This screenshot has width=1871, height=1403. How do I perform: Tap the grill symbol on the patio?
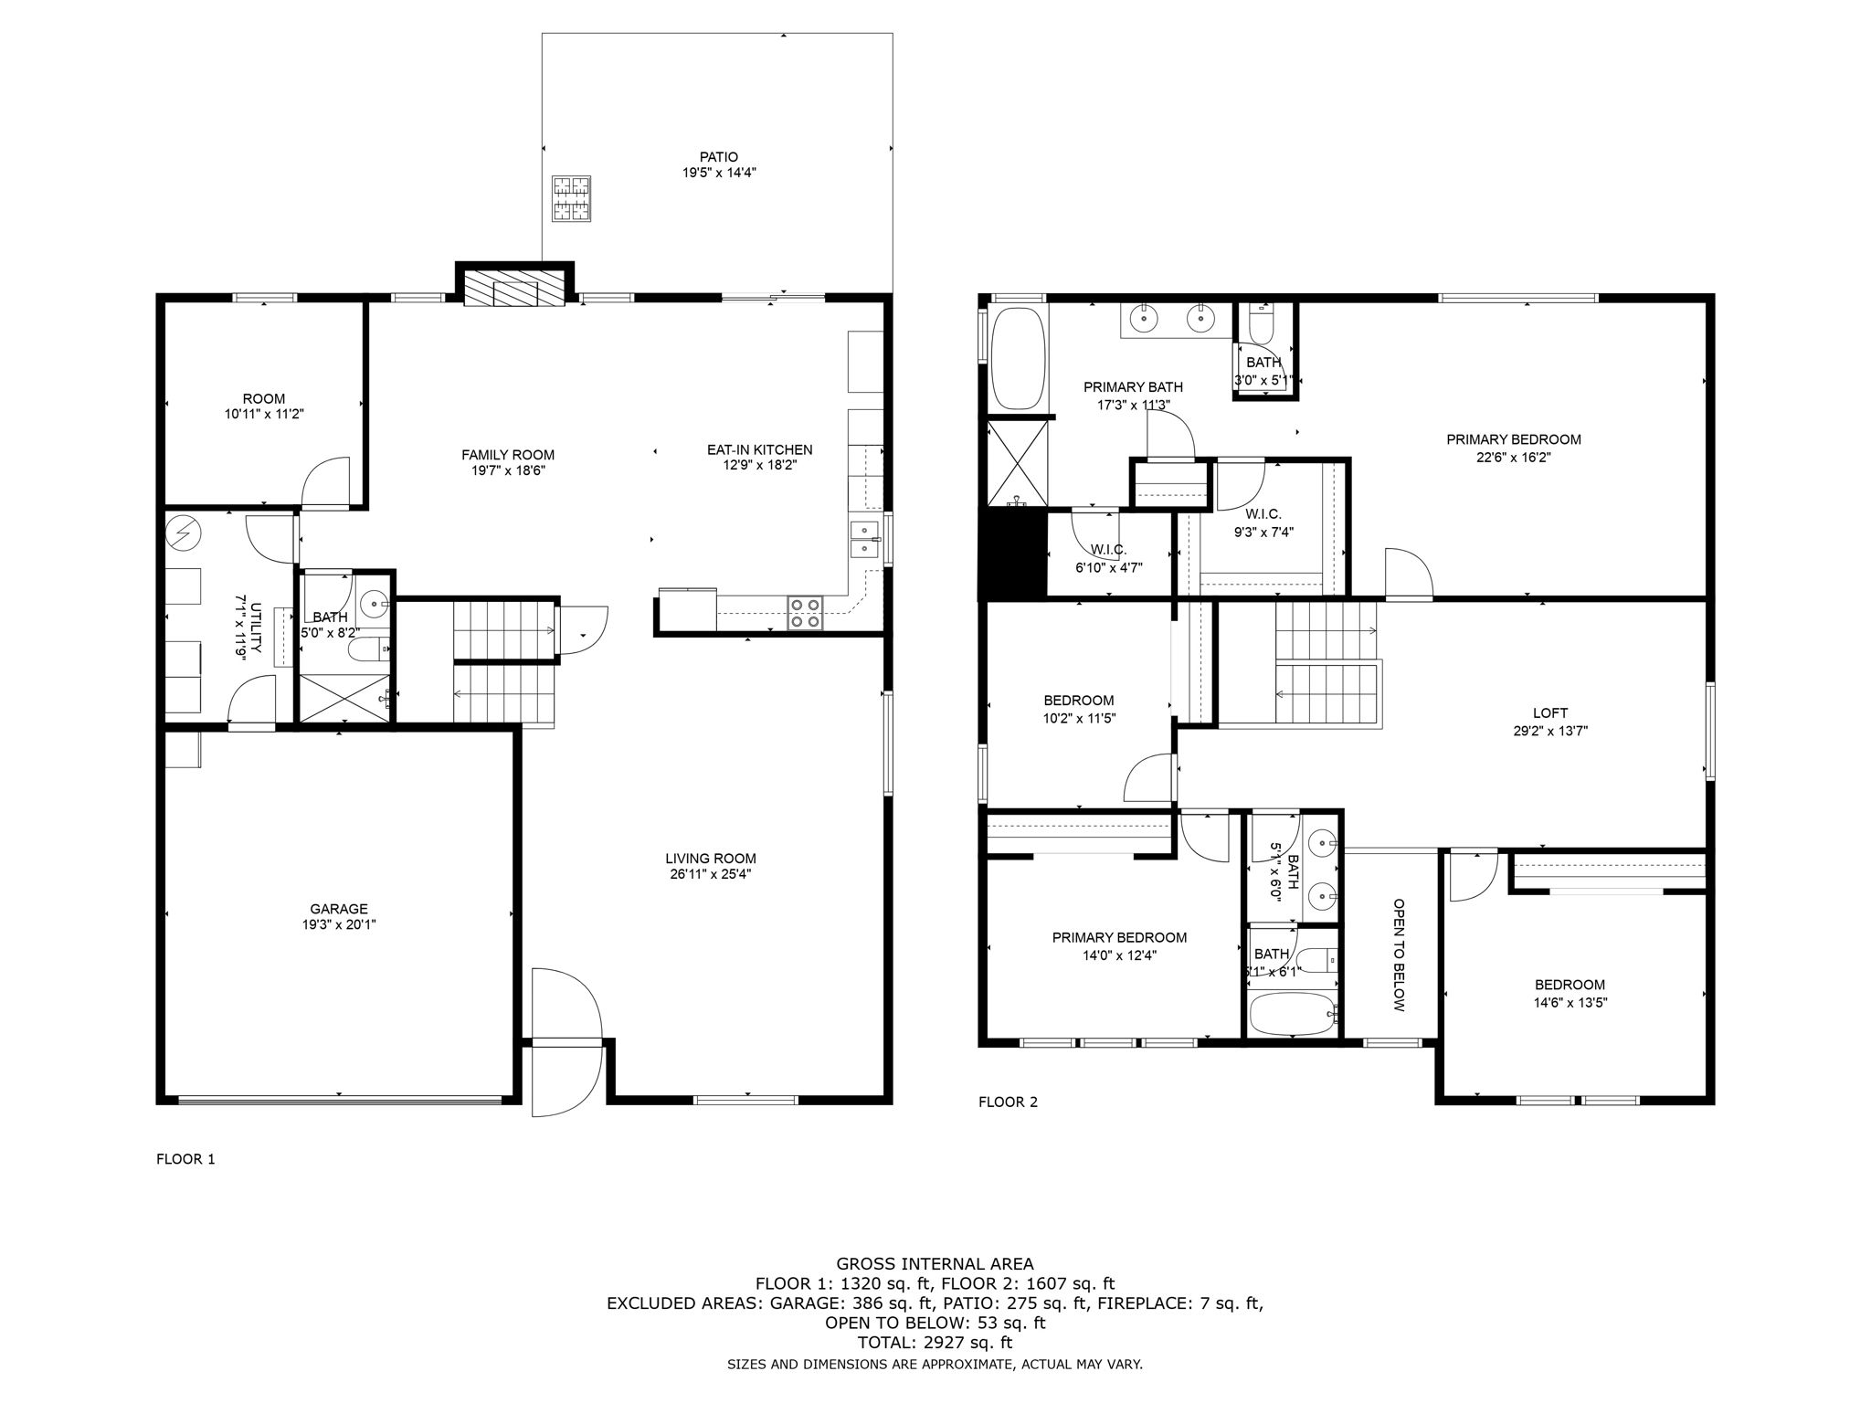(x=571, y=199)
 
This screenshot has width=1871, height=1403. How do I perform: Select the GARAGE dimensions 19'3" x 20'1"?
(x=339, y=924)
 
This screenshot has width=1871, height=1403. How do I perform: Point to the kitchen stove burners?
(x=805, y=613)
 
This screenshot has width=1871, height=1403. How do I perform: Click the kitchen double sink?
(x=863, y=539)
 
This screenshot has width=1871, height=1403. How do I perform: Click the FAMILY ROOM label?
(x=507, y=455)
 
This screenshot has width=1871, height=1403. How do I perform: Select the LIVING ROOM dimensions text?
(x=710, y=874)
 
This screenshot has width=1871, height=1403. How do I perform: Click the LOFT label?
(x=1550, y=713)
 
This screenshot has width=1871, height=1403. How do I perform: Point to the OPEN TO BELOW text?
(x=1398, y=955)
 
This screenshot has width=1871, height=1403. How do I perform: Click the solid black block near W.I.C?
(x=1012, y=554)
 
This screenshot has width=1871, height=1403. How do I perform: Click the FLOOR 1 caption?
(x=185, y=1159)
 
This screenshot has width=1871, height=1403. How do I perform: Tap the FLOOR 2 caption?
(x=1008, y=1102)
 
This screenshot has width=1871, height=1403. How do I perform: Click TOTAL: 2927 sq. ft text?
(x=935, y=1343)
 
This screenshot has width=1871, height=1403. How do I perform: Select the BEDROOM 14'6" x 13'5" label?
(x=1570, y=993)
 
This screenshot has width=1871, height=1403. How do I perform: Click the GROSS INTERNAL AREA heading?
(x=935, y=1264)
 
